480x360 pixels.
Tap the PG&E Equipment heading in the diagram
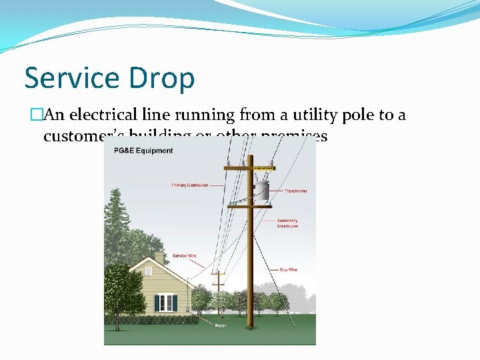click(143, 151)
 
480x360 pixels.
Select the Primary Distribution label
click(189, 185)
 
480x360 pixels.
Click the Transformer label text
click(296, 191)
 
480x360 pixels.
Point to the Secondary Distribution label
click(287, 223)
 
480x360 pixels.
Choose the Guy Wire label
click(288, 270)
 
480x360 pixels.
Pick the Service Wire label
click(184, 255)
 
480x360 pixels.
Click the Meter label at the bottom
click(220, 325)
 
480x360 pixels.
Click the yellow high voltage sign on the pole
click(265, 168)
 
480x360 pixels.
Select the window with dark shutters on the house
click(165, 302)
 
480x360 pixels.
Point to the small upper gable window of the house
click(148, 271)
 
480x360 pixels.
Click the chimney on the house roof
click(159, 257)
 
